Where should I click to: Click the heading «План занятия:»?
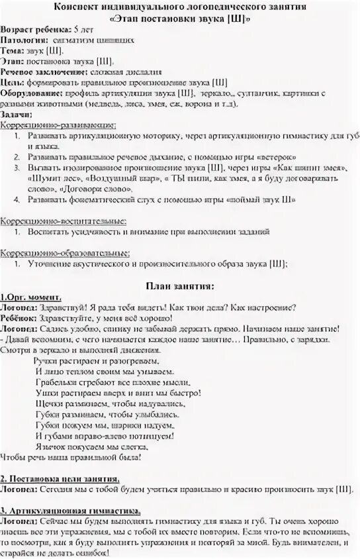click(x=179, y=285)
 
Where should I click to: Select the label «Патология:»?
click(x=24, y=40)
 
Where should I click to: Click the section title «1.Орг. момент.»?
click(x=31, y=297)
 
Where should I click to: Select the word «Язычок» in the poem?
click(x=52, y=446)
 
